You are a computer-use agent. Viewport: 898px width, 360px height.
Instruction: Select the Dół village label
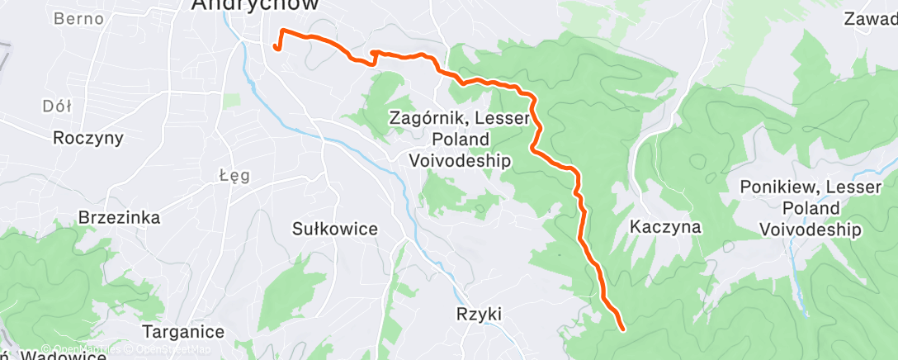pyautogui.click(x=56, y=106)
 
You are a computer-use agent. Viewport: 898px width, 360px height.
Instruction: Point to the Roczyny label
pyautogui.click(x=87, y=138)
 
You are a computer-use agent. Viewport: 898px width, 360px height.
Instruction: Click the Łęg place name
pyautogui.click(x=234, y=175)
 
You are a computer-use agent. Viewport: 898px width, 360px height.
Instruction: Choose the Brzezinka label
pyautogui.click(x=119, y=217)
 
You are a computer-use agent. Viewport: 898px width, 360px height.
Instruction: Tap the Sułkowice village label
pyautogui.click(x=335, y=229)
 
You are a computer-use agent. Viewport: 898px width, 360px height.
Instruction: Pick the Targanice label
pyautogui.click(x=183, y=332)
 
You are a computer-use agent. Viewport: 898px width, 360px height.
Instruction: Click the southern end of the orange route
pyautogui.click(x=621, y=329)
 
